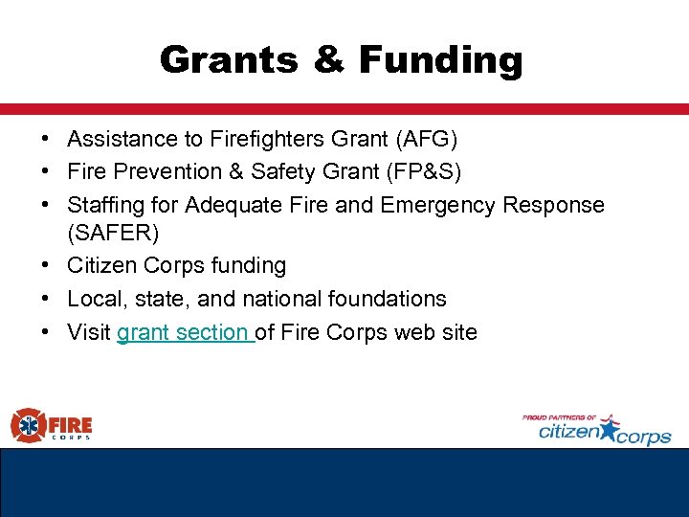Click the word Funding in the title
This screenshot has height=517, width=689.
[441, 60]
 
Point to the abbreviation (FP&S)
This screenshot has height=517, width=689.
[432, 172]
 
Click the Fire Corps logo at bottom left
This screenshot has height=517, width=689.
[52, 424]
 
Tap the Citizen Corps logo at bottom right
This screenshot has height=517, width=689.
[597, 430]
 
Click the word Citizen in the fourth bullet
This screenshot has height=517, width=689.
[100, 266]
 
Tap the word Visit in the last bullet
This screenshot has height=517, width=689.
[89, 332]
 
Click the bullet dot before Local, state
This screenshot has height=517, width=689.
[46, 299]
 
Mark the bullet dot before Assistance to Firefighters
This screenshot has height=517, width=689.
[46, 140]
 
